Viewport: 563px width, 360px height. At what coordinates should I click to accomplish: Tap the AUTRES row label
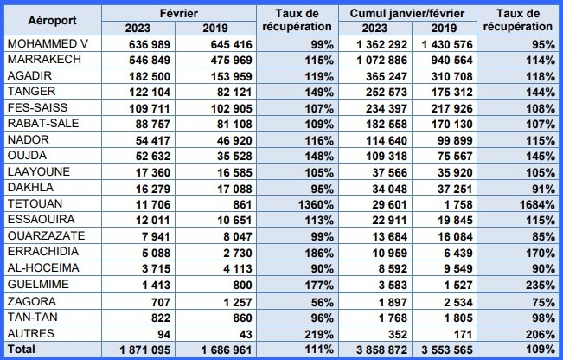(28, 334)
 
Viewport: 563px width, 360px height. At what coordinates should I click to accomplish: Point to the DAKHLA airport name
(29, 188)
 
